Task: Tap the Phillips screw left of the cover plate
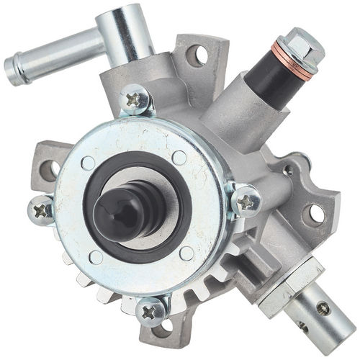coord(42,210)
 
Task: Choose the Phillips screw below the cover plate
coord(153,311)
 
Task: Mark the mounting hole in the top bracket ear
coord(195,55)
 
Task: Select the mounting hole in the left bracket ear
coord(49,170)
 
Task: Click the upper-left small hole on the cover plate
coord(88,163)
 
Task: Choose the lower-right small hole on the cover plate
coord(186,252)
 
